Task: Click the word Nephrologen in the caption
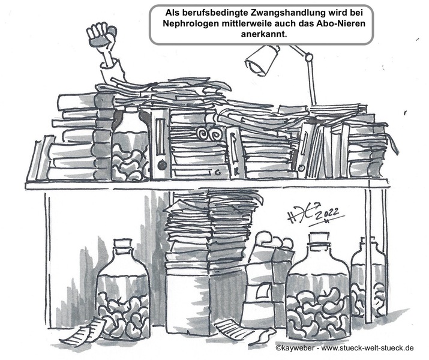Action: pyautogui.click(x=189, y=23)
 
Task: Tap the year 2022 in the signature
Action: pyautogui.click(x=327, y=214)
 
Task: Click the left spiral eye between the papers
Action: pyautogui.click(x=202, y=134)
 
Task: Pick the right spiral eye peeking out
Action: pyautogui.click(x=215, y=135)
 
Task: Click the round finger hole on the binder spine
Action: pyautogui.click(x=162, y=165)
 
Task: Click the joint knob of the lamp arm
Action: pyautogui.click(x=309, y=57)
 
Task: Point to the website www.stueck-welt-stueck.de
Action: pyautogui.click(x=367, y=348)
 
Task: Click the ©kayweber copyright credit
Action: pyautogui.click(x=296, y=348)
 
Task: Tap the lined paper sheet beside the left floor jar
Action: pyautogui.click(x=83, y=332)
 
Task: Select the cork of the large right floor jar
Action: pyautogui.click(x=318, y=238)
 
